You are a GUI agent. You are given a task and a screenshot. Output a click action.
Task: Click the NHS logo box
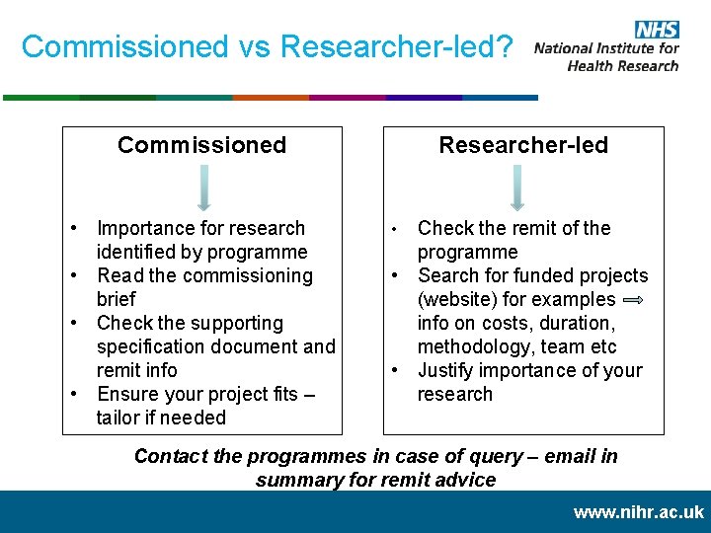point(656,30)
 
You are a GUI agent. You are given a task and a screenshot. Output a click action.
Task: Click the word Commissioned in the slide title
point(124,46)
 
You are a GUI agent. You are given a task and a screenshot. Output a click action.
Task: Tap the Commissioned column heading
point(201,145)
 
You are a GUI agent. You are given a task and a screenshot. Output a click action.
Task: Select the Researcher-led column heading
point(523,145)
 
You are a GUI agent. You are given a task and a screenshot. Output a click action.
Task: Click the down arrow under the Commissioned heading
point(203,188)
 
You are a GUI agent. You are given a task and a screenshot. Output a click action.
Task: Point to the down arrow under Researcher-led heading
point(516,188)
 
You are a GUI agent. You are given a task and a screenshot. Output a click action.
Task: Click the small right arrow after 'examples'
point(634,300)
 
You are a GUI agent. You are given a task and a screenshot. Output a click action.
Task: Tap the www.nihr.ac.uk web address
point(638,512)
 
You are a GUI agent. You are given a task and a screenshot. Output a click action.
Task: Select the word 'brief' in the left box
point(116,299)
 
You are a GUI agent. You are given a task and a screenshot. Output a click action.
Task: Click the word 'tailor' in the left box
point(118,418)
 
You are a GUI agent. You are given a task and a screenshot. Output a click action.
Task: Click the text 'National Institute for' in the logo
point(606,48)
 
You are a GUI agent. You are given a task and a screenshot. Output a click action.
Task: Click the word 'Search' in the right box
point(448,275)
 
